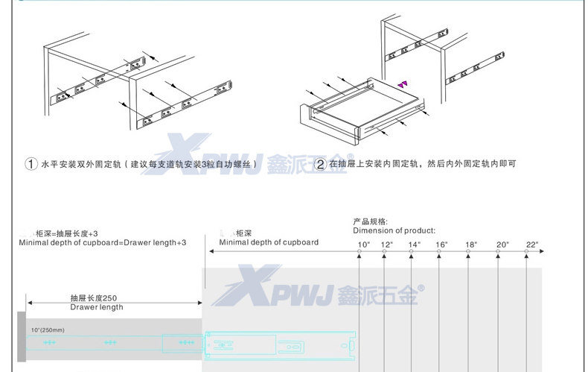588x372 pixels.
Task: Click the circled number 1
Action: tap(31, 164)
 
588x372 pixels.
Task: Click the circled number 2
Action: tap(320, 164)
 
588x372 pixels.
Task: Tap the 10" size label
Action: tap(363, 245)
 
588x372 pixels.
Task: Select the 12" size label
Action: tap(386, 245)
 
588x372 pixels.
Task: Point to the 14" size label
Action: tap(415, 245)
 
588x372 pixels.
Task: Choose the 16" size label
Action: tap(442, 245)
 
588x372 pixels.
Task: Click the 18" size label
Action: tap(470, 245)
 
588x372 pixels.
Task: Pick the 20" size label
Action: tap(502, 245)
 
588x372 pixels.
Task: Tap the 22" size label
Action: tap(531, 245)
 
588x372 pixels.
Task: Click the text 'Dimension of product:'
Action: tap(394, 230)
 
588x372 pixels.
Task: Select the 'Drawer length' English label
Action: tap(97, 307)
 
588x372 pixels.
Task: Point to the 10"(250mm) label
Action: tap(48, 330)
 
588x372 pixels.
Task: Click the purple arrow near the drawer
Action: tap(403, 84)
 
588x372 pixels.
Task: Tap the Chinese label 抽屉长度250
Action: tap(94, 297)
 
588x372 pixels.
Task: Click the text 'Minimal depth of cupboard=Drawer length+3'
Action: tap(102, 243)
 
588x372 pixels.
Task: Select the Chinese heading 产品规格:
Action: tap(370, 221)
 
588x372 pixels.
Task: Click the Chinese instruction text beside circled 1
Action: tap(150, 163)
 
